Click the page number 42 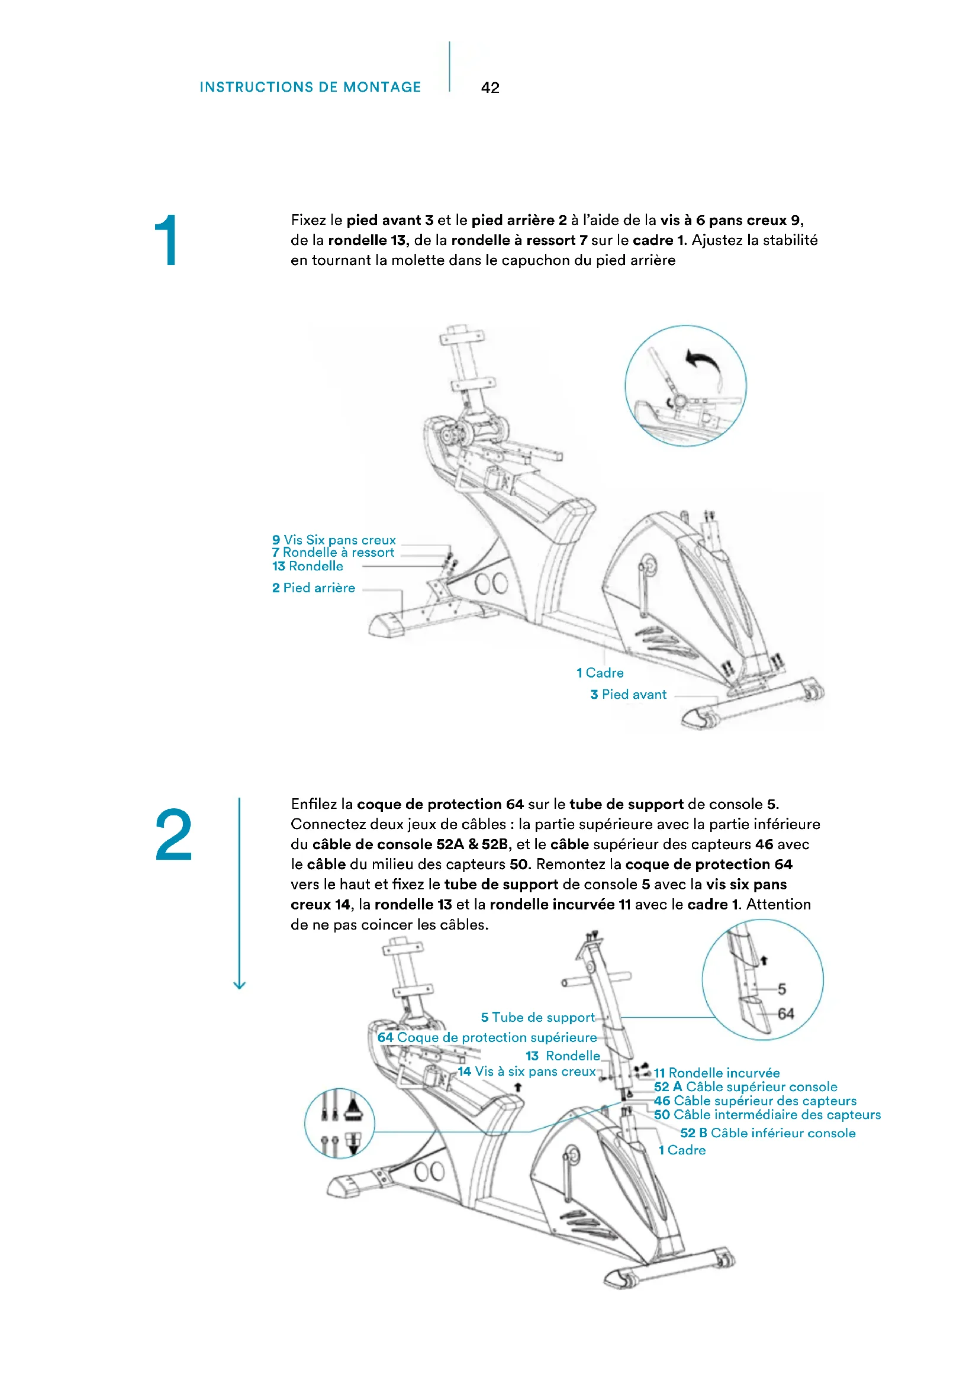[x=490, y=88]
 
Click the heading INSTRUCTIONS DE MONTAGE [x=311, y=88]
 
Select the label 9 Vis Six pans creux [x=334, y=540]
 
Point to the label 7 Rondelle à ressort [x=333, y=552]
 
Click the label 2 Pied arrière [x=314, y=588]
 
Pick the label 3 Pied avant [x=629, y=695]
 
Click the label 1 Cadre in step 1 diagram [x=600, y=673]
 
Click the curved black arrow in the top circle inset [x=705, y=365]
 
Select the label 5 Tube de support [x=537, y=1018]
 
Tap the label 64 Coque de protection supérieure [x=487, y=1037]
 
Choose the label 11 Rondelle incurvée [x=717, y=1073]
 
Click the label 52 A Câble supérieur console [x=746, y=1087]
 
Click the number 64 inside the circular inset [x=785, y=1014]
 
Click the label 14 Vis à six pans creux [x=527, y=1071]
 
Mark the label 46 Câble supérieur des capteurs [x=755, y=1101]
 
